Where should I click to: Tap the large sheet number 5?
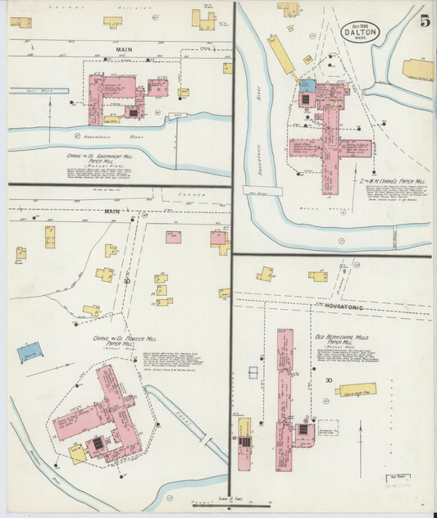(425, 22)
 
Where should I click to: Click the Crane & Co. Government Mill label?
(100, 155)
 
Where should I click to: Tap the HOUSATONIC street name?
(344, 306)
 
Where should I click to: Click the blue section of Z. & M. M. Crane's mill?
(307, 85)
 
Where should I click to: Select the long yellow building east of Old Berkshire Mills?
(356, 389)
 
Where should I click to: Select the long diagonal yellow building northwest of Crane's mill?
(281, 54)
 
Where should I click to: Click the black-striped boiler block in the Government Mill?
(130, 110)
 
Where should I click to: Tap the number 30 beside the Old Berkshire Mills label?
(330, 380)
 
